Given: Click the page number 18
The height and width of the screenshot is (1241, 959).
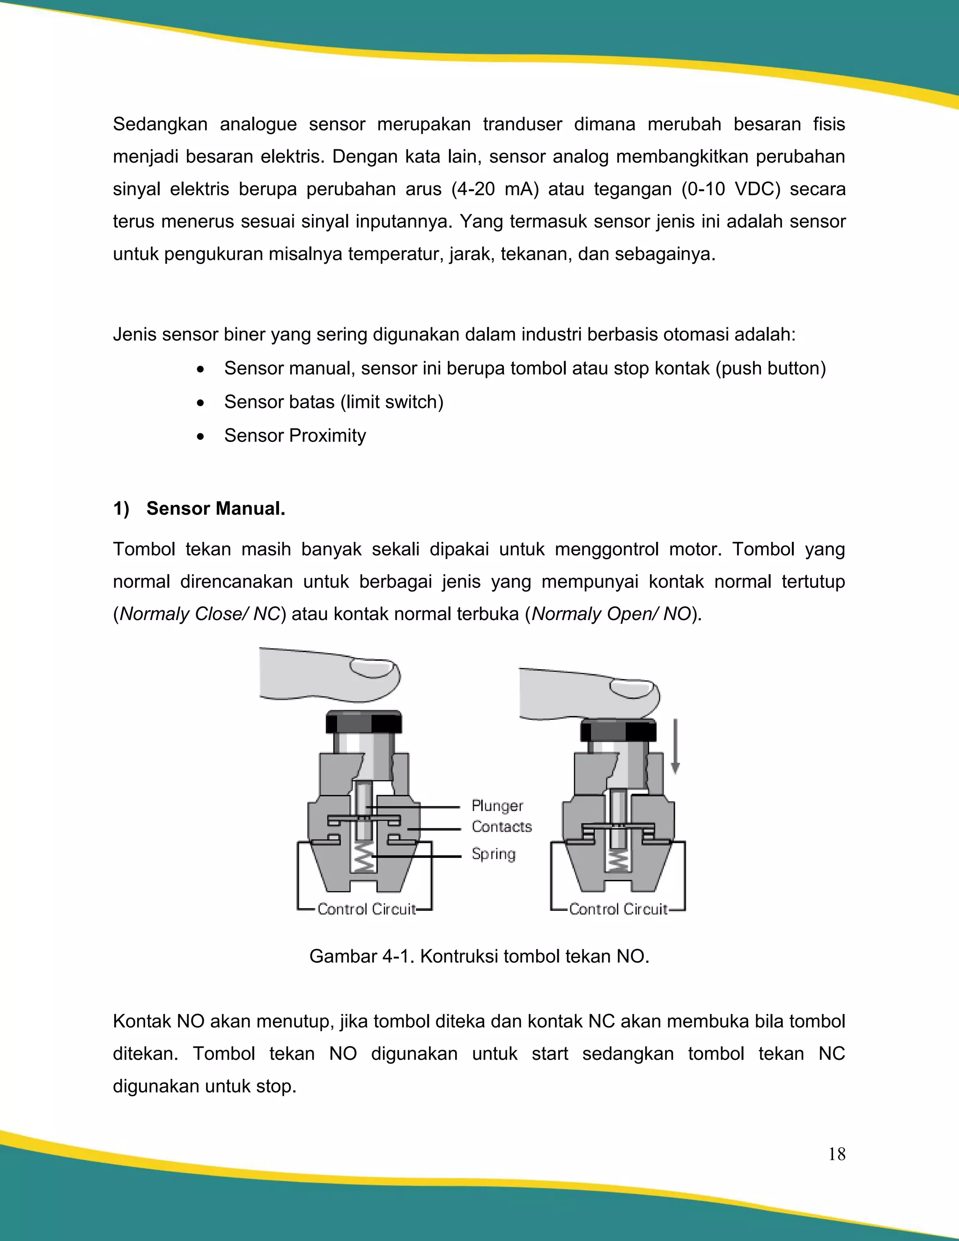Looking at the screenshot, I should point(836,1153).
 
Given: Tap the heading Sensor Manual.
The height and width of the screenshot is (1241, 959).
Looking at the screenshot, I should point(215,509).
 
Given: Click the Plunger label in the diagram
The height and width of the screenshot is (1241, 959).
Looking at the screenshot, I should point(497,806).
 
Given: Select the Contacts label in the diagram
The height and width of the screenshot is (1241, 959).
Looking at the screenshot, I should point(502,827).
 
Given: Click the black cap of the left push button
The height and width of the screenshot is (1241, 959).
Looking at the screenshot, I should point(364,722).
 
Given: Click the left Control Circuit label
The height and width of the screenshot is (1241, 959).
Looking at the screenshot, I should point(367,909).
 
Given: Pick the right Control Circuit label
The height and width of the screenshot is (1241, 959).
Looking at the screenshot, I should point(618,909).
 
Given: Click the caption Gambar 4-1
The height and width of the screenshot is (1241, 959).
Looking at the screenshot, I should point(479,956).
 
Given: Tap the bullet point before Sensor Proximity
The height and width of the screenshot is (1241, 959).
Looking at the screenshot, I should point(200,436).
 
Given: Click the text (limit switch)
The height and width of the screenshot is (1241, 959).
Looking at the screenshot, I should point(392,402).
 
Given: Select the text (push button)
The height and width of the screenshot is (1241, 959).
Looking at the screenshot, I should point(770,368).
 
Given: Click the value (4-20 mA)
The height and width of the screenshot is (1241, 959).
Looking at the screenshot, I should point(495,189).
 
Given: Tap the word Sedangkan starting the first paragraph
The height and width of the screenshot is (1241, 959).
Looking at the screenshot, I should point(160,124).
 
